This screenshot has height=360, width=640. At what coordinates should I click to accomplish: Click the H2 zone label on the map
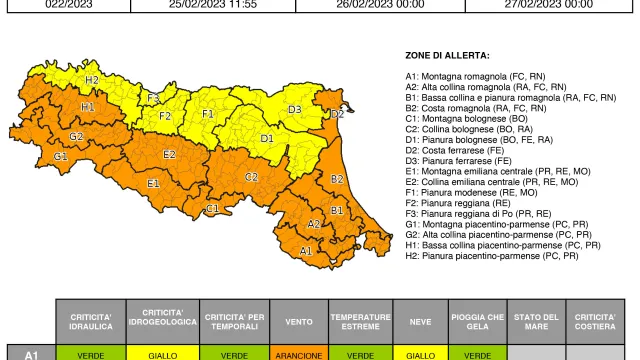tap(91, 80)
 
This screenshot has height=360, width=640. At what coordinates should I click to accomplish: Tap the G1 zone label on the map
tap(61, 156)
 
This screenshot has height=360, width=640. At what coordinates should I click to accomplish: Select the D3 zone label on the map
tap(295, 109)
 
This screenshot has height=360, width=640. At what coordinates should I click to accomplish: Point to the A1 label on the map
tap(306, 250)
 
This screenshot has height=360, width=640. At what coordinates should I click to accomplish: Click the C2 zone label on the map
tap(252, 176)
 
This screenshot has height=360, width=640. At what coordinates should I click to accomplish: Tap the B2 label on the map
tap(337, 178)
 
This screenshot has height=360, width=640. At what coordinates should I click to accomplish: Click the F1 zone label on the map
tap(208, 114)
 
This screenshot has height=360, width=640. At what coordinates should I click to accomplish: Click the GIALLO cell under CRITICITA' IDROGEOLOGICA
tap(162, 353)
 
